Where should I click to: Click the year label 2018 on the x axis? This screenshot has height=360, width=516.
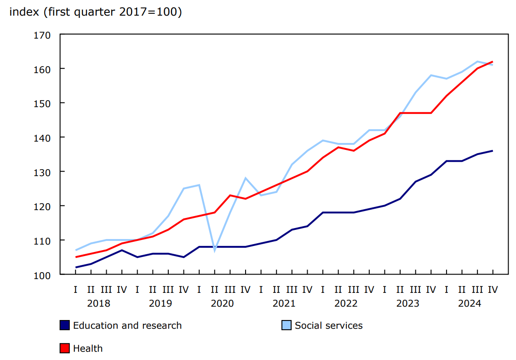(x=98, y=303)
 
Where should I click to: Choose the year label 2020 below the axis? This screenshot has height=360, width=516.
(x=222, y=303)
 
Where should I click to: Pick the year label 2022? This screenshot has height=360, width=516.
(x=346, y=303)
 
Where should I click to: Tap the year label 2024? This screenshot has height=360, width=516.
(x=470, y=303)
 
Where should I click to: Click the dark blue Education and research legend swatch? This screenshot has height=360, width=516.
(x=65, y=326)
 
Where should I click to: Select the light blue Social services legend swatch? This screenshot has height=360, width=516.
(x=287, y=326)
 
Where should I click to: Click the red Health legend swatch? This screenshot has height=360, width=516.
(x=65, y=348)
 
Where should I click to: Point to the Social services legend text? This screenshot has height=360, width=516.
(x=328, y=326)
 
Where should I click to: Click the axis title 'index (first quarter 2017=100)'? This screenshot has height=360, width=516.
(x=96, y=12)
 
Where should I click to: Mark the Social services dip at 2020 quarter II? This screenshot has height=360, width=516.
(x=215, y=251)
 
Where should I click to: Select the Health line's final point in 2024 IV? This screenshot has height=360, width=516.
(x=493, y=62)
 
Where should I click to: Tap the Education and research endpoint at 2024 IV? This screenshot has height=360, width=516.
(x=493, y=151)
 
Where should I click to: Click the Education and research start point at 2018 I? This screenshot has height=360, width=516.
(x=75, y=268)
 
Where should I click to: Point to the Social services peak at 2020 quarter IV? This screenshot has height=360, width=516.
(x=246, y=178)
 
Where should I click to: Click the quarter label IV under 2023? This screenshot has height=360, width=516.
(x=431, y=290)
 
